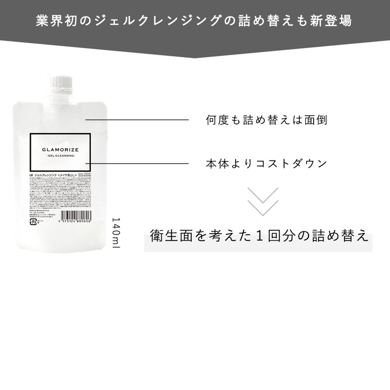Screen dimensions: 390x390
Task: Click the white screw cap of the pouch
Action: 60,83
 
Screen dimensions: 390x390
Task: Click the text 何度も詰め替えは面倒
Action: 266,120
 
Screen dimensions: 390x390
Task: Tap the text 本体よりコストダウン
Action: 266,163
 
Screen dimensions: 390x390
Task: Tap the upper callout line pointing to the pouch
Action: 136,120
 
